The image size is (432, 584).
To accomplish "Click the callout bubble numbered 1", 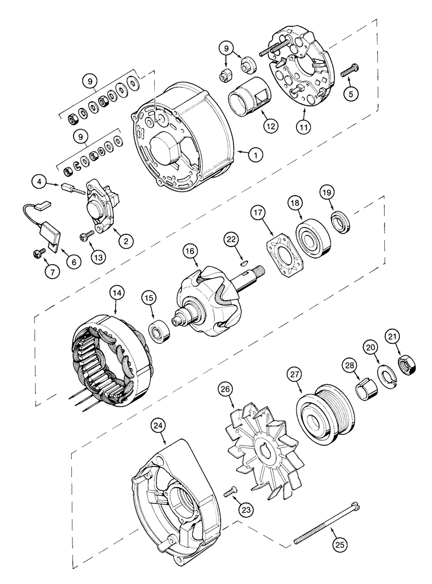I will pos(255,155).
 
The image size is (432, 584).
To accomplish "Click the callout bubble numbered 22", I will pos(232,239).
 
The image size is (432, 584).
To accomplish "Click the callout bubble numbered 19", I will pos(328,192).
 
